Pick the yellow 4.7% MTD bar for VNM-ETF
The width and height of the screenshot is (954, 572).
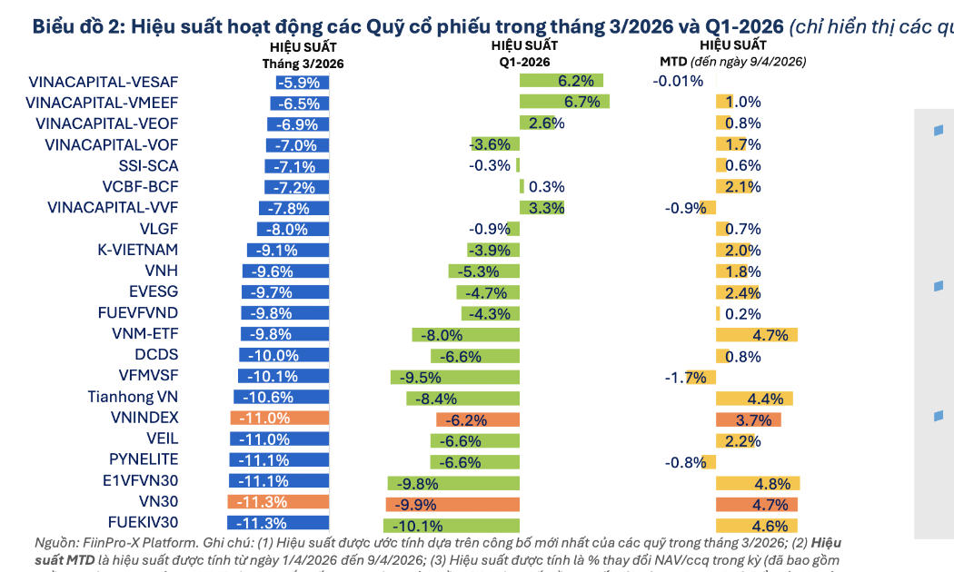click(757, 335)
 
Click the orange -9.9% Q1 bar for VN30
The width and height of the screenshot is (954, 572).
click(452, 503)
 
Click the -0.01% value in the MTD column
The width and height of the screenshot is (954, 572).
click(678, 81)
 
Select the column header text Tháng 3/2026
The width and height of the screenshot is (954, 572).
click(303, 64)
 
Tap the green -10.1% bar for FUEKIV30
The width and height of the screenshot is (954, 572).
click(452, 524)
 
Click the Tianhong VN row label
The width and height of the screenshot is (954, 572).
click(133, 397)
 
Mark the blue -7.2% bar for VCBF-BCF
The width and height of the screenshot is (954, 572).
click(297, 187)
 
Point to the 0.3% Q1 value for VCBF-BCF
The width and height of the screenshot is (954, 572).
click(546, 187)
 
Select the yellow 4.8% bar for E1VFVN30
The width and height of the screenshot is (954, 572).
click(758, 482)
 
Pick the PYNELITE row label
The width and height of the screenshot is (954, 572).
click(144, 459)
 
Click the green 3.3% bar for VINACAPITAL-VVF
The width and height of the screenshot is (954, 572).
click(542, 208)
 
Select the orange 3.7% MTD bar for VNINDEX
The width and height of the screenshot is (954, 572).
click(748, 419)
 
